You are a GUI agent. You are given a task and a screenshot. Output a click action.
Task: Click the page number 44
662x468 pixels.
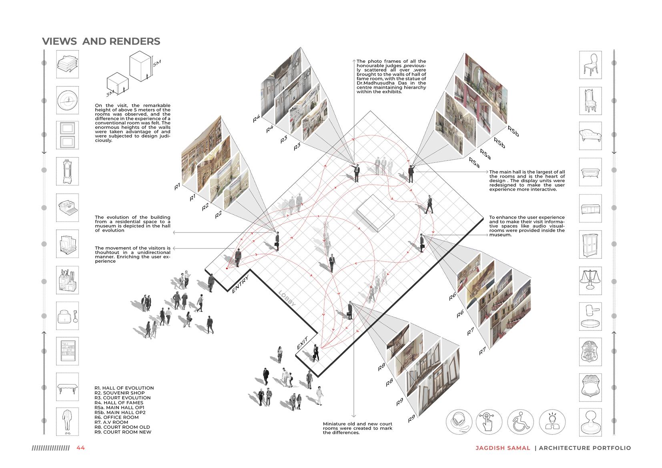(x=80, y=448)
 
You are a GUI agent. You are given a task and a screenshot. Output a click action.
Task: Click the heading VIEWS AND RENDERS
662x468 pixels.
(x=101, y=41)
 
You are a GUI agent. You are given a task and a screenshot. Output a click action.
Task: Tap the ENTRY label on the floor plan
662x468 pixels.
(x=240, y=284)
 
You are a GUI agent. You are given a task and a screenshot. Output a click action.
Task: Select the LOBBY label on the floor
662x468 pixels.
(x=287, y=298)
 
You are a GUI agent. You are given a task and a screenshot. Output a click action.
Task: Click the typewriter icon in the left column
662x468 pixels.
(x=67, y=207)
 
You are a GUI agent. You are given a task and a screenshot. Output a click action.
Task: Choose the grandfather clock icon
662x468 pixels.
(x=67, y=171)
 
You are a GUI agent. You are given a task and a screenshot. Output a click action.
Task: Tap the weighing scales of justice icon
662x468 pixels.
(x=590, y=279)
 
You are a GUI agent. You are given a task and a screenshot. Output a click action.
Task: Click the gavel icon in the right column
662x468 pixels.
(x=590, y=315)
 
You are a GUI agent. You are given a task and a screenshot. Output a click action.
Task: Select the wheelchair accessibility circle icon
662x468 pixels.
(x=520, y=422)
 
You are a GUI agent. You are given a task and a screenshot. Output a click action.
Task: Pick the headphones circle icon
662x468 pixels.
(x=459, y=422)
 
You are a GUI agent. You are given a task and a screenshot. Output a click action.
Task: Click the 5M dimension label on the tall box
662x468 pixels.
(x=156, y=64)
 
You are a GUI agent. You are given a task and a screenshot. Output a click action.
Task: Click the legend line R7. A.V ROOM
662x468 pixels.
(x=111, y=422)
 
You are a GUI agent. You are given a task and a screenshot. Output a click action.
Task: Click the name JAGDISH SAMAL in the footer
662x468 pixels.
(x=503, y=448)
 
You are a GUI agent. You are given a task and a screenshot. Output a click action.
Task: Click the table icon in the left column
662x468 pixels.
(x=67, y=387)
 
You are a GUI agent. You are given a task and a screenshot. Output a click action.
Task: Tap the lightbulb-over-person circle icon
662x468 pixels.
(x=552, y=422)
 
